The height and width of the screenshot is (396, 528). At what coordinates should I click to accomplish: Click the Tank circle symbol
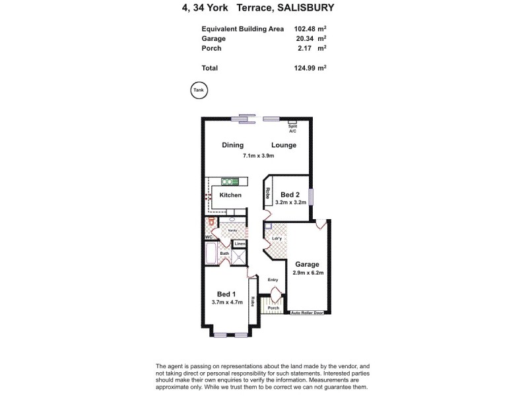click(198, 90)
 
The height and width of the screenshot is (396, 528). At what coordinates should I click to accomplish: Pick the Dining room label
click(233, 145)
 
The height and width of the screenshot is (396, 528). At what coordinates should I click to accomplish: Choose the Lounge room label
click(284, 145)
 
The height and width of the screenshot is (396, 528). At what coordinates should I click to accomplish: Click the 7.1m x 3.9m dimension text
click(258, 156)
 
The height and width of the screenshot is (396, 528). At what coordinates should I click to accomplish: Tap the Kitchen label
click(230, 195)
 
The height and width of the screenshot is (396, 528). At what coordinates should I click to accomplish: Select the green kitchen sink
click(230, 181)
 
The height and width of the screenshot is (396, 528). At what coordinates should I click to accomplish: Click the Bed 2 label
click(290, 195)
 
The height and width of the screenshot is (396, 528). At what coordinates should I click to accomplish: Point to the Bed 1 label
click(227, 294)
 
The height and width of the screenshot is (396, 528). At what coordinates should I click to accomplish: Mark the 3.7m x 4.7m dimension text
click(227, 303)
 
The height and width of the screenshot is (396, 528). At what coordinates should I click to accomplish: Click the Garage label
click(307, 264)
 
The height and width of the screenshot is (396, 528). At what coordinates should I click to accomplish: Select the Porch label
click(274, 308)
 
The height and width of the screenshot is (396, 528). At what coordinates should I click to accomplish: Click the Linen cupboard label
click(240, 244)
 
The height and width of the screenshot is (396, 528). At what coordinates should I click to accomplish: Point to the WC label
click(208, 236)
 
